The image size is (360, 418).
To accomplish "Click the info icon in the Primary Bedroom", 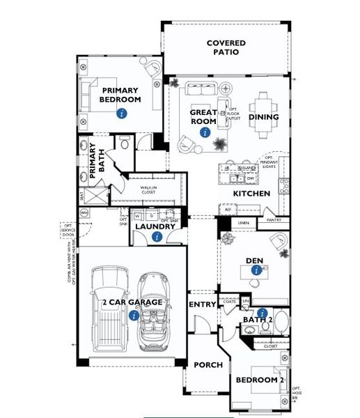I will [122, 113].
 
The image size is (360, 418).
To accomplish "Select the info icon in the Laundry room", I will [157, 237].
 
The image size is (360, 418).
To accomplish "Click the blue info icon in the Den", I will [257, 272].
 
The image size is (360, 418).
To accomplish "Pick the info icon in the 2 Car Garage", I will [134, 315].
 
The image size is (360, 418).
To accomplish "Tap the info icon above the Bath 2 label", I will [262, 313].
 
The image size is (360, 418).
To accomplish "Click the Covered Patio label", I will [226, 48].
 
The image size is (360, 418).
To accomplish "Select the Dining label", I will [263, 117].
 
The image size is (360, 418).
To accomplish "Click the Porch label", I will [207, 364].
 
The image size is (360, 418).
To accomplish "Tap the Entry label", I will [203, 305].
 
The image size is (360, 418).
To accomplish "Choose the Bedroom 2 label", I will [260, 380].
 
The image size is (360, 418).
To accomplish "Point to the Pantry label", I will [273, 219].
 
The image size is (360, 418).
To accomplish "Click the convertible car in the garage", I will [152, 310].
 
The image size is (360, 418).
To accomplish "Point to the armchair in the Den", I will [280, 243].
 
